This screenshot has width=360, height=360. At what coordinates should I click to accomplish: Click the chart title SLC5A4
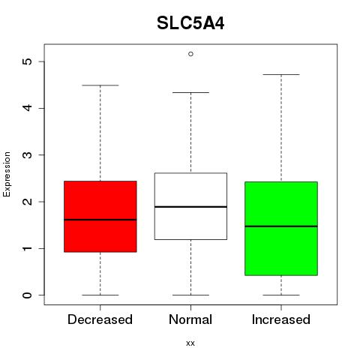[190, 23]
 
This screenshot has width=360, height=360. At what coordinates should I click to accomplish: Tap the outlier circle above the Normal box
[190, 54]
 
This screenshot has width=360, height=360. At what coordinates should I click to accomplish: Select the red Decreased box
[100, 216]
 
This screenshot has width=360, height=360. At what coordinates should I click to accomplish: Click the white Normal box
[190, 206]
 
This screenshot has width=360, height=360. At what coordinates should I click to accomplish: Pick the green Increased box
[281, 229]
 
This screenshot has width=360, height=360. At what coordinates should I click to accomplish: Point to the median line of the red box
[100, 220]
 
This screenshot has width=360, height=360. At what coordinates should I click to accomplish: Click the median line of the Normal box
[190, 207]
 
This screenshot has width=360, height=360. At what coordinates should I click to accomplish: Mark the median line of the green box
[281, 226]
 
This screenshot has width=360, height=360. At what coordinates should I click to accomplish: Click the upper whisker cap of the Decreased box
[100, 85]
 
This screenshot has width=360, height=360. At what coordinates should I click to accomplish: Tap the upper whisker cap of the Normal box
[190, 92]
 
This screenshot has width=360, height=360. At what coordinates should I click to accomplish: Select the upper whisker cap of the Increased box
[281, 74]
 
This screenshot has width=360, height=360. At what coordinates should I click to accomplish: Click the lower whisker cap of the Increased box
[281, 295]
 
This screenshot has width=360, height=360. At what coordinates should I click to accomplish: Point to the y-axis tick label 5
[28, 61]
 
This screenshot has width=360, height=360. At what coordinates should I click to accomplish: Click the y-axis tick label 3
[28, 155]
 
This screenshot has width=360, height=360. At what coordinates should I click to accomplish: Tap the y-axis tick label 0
[28, 295]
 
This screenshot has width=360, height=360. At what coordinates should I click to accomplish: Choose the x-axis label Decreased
[100, 319]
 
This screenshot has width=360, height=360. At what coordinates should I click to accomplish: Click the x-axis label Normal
[190, 319]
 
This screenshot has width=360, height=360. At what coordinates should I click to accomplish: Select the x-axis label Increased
[281, 319]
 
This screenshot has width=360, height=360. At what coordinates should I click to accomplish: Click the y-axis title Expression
[7, 174]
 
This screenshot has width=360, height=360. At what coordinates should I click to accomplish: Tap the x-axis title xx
[190, 343]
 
